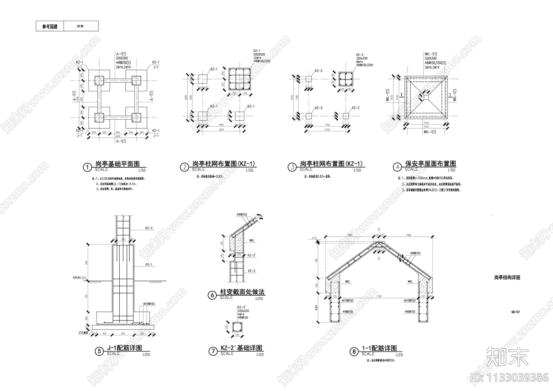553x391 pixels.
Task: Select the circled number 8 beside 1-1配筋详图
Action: coord(354,352)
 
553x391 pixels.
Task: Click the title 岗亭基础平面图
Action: coord(118,164)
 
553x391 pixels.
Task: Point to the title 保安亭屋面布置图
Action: coord(430,164)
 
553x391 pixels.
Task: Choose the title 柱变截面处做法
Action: coord(242,292)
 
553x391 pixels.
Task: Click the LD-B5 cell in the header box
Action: coord(80,26)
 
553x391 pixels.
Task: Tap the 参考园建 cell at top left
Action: coord(50,26)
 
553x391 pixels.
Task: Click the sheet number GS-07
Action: coord(515,312)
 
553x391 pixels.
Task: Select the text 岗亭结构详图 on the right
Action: coord(507,278)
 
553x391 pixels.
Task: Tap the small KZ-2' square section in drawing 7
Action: coord(237,327)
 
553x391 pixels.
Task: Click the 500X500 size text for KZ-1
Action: coord(259,55)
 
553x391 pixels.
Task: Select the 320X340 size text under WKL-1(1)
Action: coord(430,59)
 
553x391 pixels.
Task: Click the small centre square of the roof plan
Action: coord(426,98)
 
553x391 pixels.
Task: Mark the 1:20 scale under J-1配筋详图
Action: coord(146,355)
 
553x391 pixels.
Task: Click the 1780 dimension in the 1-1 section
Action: coord(379,296)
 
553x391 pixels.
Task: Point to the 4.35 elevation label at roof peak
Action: coord(314,238)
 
